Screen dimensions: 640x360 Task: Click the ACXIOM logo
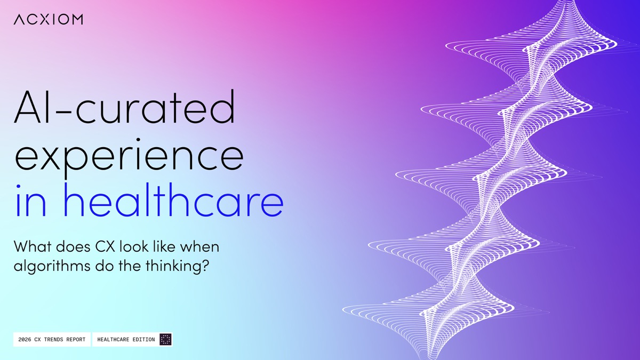tap(49, 19)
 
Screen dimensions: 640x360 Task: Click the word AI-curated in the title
tap(125, 107)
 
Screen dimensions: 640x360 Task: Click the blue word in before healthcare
tap(30, 200)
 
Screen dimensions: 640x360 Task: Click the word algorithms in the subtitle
tap(52, 266)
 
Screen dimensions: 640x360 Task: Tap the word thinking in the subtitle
tap(174, 266)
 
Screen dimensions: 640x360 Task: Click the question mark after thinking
tap(206, 265)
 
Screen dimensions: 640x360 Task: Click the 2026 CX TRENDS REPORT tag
tap(52, 339)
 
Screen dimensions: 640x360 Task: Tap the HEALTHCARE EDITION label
tap(126, 339)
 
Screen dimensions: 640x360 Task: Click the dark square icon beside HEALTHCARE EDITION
tap(165, 339)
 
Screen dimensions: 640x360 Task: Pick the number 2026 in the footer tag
tap(25, 339)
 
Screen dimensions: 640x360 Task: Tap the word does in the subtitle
tap(73, 246)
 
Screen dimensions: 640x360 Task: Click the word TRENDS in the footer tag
tap(53, 339)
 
